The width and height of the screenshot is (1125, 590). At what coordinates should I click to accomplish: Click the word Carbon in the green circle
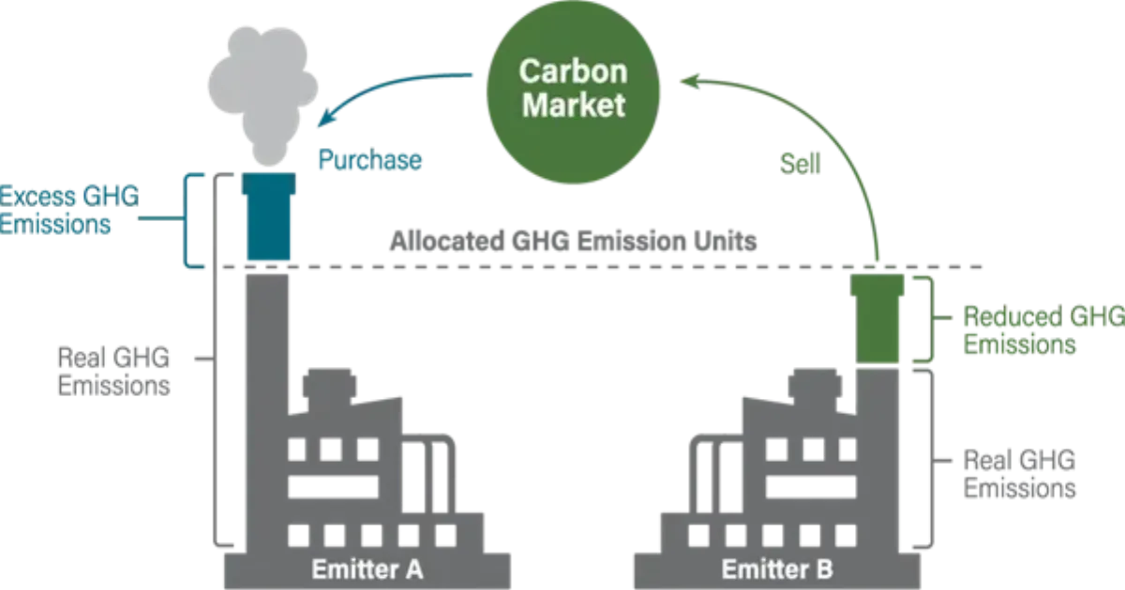(x=573, y=71)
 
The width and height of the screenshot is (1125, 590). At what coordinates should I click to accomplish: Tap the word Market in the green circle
(x=573, y=104)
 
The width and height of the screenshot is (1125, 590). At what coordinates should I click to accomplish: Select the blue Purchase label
(x=368, y=159)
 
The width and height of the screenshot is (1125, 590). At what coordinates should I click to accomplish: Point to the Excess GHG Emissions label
(x=67, y=211)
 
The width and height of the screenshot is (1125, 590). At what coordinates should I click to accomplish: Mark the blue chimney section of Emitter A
(x=267, y=217)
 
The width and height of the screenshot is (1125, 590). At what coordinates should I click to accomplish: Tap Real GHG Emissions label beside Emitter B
(x=1022, y=473)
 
